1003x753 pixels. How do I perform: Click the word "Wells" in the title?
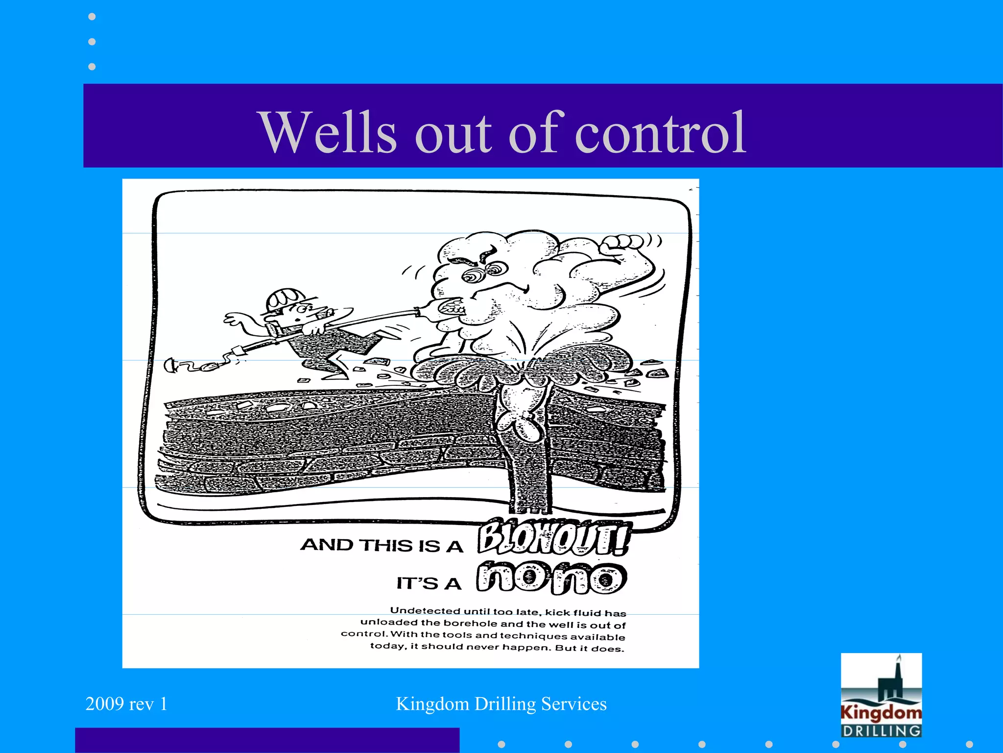point(329,132)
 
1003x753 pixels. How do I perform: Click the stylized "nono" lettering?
point(552,578)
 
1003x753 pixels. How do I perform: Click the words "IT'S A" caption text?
point(429,583)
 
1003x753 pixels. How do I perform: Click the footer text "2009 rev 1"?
point(126,704)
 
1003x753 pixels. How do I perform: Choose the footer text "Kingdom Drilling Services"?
point(501,704)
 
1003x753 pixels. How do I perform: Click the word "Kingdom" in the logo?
point(881,712)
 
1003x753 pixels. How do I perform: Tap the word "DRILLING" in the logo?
point(881,730)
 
